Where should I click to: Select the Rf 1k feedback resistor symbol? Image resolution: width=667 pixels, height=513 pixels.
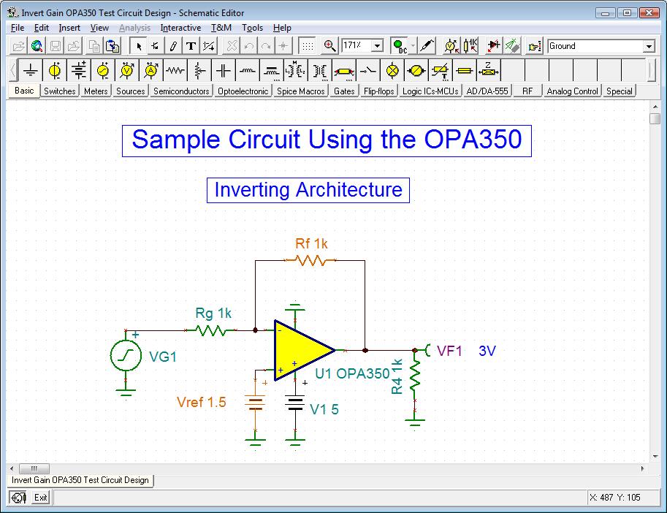310,260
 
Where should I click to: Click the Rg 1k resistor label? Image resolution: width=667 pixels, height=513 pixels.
213,313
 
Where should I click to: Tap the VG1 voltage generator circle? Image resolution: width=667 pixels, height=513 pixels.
126,357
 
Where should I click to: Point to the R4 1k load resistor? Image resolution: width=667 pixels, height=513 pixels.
415,376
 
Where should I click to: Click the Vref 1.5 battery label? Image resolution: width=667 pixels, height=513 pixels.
202,403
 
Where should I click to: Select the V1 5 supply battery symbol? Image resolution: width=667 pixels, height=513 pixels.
295,404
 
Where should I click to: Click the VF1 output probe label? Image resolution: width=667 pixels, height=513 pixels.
450,351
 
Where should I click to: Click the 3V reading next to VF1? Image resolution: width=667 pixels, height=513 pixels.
487,351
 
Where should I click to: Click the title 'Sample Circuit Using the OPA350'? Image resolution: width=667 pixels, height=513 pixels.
327,140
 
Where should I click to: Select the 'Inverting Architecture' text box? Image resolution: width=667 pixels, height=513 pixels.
308,190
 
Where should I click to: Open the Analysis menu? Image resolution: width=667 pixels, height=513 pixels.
134,28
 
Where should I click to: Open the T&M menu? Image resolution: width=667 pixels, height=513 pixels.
221,28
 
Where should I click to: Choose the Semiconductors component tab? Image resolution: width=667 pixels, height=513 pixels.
181,91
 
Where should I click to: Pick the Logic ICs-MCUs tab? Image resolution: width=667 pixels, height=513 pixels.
430,91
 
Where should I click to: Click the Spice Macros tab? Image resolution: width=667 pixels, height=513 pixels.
301,91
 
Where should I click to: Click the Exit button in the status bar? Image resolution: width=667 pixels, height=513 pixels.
40,498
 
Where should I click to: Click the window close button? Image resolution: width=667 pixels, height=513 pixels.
650,12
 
